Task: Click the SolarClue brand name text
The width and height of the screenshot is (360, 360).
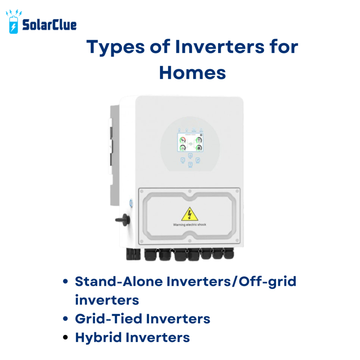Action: (49, 25)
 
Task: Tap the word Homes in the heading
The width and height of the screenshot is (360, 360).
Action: (192, 72)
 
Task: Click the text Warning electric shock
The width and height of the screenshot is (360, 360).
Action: (190, 225)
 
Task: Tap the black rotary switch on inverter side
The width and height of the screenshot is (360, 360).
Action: (123, 220)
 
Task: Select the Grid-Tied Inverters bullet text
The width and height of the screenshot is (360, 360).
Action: (142, 319)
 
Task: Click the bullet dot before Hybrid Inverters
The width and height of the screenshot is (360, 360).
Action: (65, 337)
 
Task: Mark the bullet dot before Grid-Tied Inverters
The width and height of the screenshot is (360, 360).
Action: (65, 319)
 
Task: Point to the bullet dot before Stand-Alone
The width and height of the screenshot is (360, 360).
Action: (65, 282)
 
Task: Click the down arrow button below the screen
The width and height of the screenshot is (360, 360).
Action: (190, 165)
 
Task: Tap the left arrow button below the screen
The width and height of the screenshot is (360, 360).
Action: (183, 160)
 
